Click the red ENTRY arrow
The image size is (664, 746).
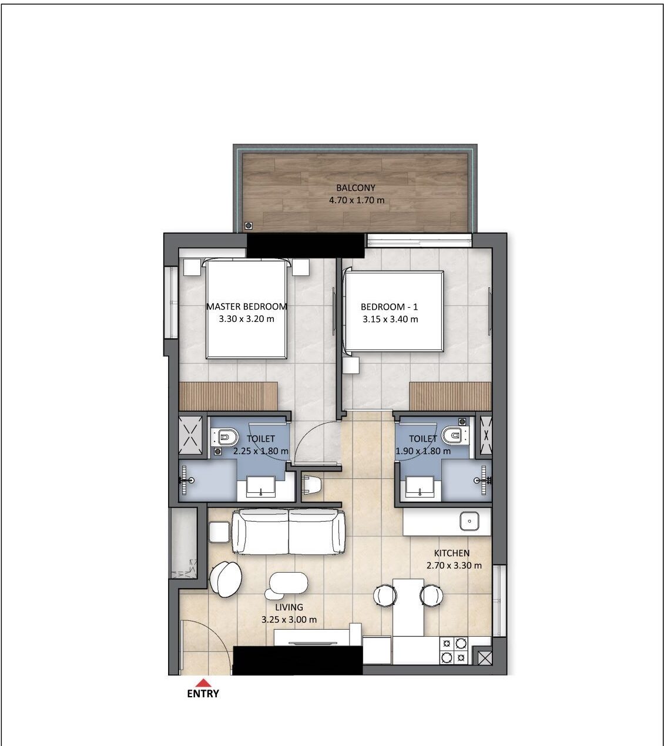(203, 683)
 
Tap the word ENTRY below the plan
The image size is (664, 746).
(203, 694)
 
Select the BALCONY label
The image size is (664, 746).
(356, 188)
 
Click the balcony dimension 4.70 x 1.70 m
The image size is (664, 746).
(356, 200)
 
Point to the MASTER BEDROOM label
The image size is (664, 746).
(246, 307)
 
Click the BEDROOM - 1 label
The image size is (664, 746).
(389, 307)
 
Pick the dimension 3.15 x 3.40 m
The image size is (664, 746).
(390, 320)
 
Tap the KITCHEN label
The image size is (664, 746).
(451, 553)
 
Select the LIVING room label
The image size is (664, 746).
(289, 607)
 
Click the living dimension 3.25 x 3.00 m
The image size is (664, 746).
(289, 620)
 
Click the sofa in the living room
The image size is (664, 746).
(289, 532)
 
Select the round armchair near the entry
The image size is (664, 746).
(226, 579)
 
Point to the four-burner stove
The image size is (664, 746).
(454, 651)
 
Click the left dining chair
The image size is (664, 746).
(385, 596)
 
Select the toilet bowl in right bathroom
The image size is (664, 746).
(454, 436)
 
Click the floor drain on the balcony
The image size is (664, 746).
(249, 226)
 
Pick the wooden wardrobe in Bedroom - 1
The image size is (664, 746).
(450, 396)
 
